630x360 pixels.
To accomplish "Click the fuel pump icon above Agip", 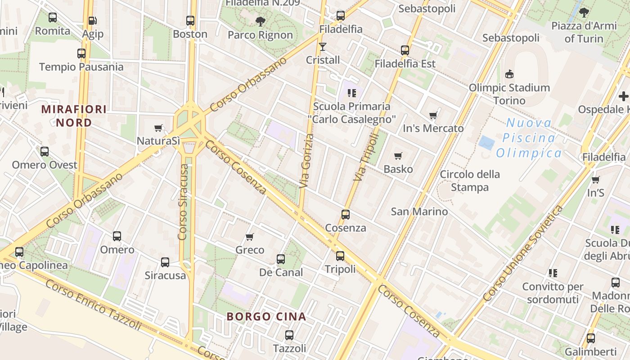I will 92,20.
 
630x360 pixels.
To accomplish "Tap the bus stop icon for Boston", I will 190,20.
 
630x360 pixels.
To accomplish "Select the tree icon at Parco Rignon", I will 260,21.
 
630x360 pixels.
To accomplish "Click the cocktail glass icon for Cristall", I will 323,46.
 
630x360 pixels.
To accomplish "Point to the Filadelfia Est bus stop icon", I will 405,50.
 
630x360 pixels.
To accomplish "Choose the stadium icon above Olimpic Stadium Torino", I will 509,73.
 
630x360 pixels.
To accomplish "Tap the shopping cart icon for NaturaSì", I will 158,128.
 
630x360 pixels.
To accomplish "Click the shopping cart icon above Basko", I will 398,156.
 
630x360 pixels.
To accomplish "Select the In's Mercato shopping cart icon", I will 433,115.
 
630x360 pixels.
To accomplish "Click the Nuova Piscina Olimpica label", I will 529,138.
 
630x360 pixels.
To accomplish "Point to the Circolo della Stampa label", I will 470,180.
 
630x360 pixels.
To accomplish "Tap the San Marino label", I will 419,211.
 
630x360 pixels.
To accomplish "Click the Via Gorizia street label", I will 306,161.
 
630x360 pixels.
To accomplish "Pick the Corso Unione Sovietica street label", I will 522,253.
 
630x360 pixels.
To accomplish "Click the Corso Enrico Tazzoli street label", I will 93,305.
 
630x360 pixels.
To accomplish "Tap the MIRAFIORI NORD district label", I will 74,116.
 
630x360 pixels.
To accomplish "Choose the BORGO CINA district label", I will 266,316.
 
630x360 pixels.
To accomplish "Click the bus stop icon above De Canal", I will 281,259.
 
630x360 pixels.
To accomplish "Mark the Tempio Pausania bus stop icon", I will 81,53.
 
